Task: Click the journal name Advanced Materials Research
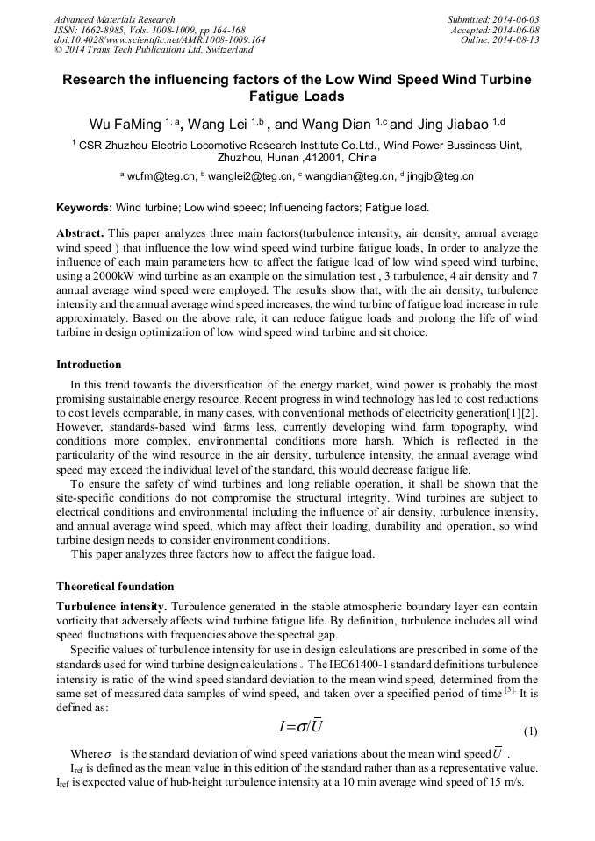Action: point(114,19)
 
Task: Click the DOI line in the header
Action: point(160,40)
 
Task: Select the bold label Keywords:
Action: point(84,208)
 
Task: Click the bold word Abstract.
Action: point(80,234)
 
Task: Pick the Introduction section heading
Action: point(89,364)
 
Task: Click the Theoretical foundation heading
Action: point(115,587)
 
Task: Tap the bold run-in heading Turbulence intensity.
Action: point(111,607)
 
